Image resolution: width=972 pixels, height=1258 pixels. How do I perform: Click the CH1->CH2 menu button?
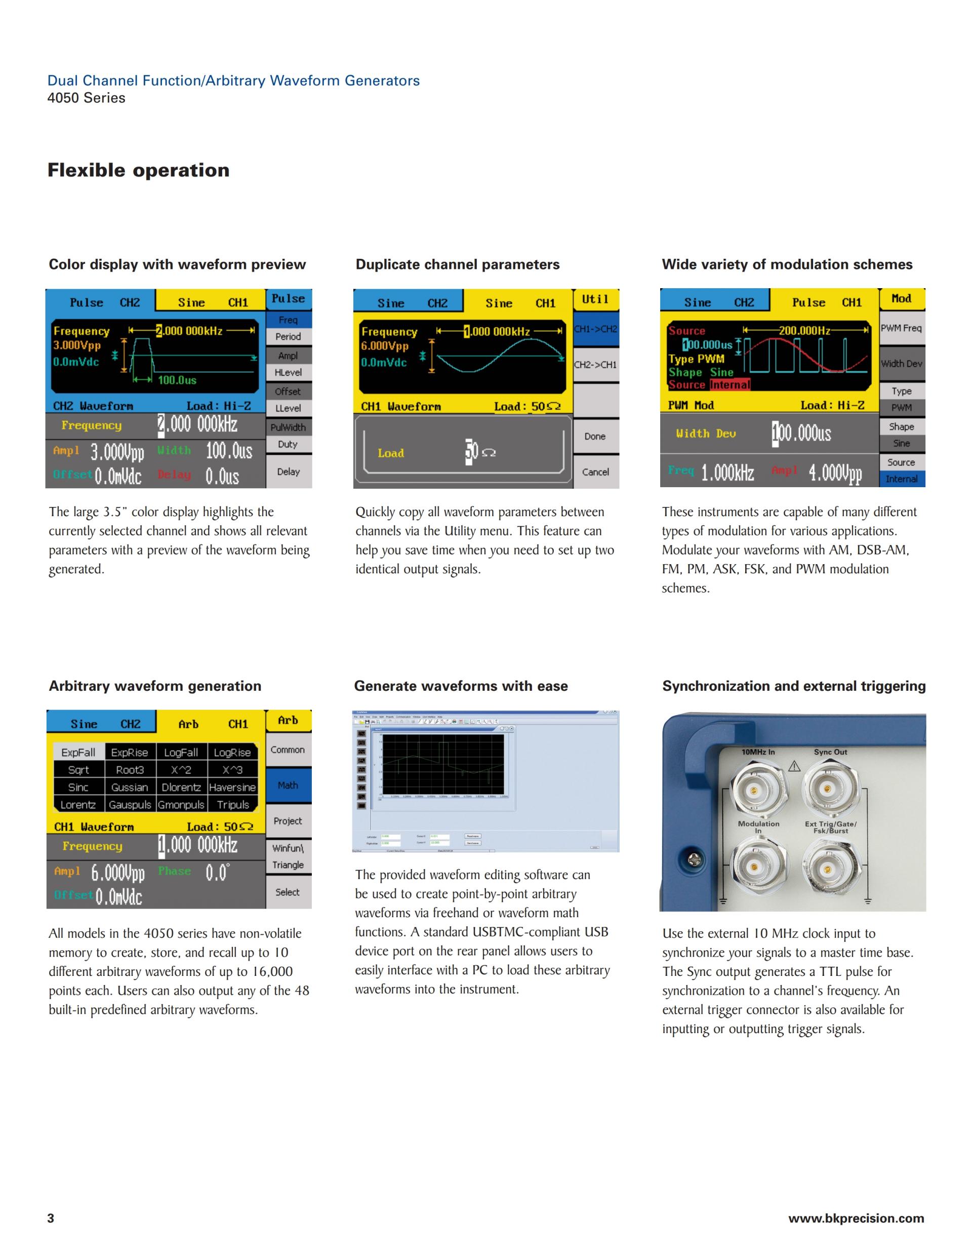[x=595, y=329]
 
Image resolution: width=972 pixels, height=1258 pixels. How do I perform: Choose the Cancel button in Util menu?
[x=595, y=472]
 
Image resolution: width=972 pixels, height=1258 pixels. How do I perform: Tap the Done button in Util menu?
[x=595, y=436]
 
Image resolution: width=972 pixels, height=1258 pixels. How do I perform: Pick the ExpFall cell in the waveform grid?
[x=78, y=752]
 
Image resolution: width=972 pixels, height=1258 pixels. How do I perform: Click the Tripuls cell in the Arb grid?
[x=233, y=804]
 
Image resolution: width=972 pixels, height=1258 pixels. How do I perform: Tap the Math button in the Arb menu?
[x=288, y=785]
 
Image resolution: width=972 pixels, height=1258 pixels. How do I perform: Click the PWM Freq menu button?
[x=901, y=328]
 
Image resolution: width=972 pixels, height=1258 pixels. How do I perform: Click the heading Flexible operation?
[x=138, y=170]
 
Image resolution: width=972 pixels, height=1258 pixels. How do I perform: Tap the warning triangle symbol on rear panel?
[x=794, y=766]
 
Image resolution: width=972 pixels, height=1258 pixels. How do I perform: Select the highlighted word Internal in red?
[x=730, y=384]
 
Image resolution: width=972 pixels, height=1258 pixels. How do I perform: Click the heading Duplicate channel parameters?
[x=457, y=264]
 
